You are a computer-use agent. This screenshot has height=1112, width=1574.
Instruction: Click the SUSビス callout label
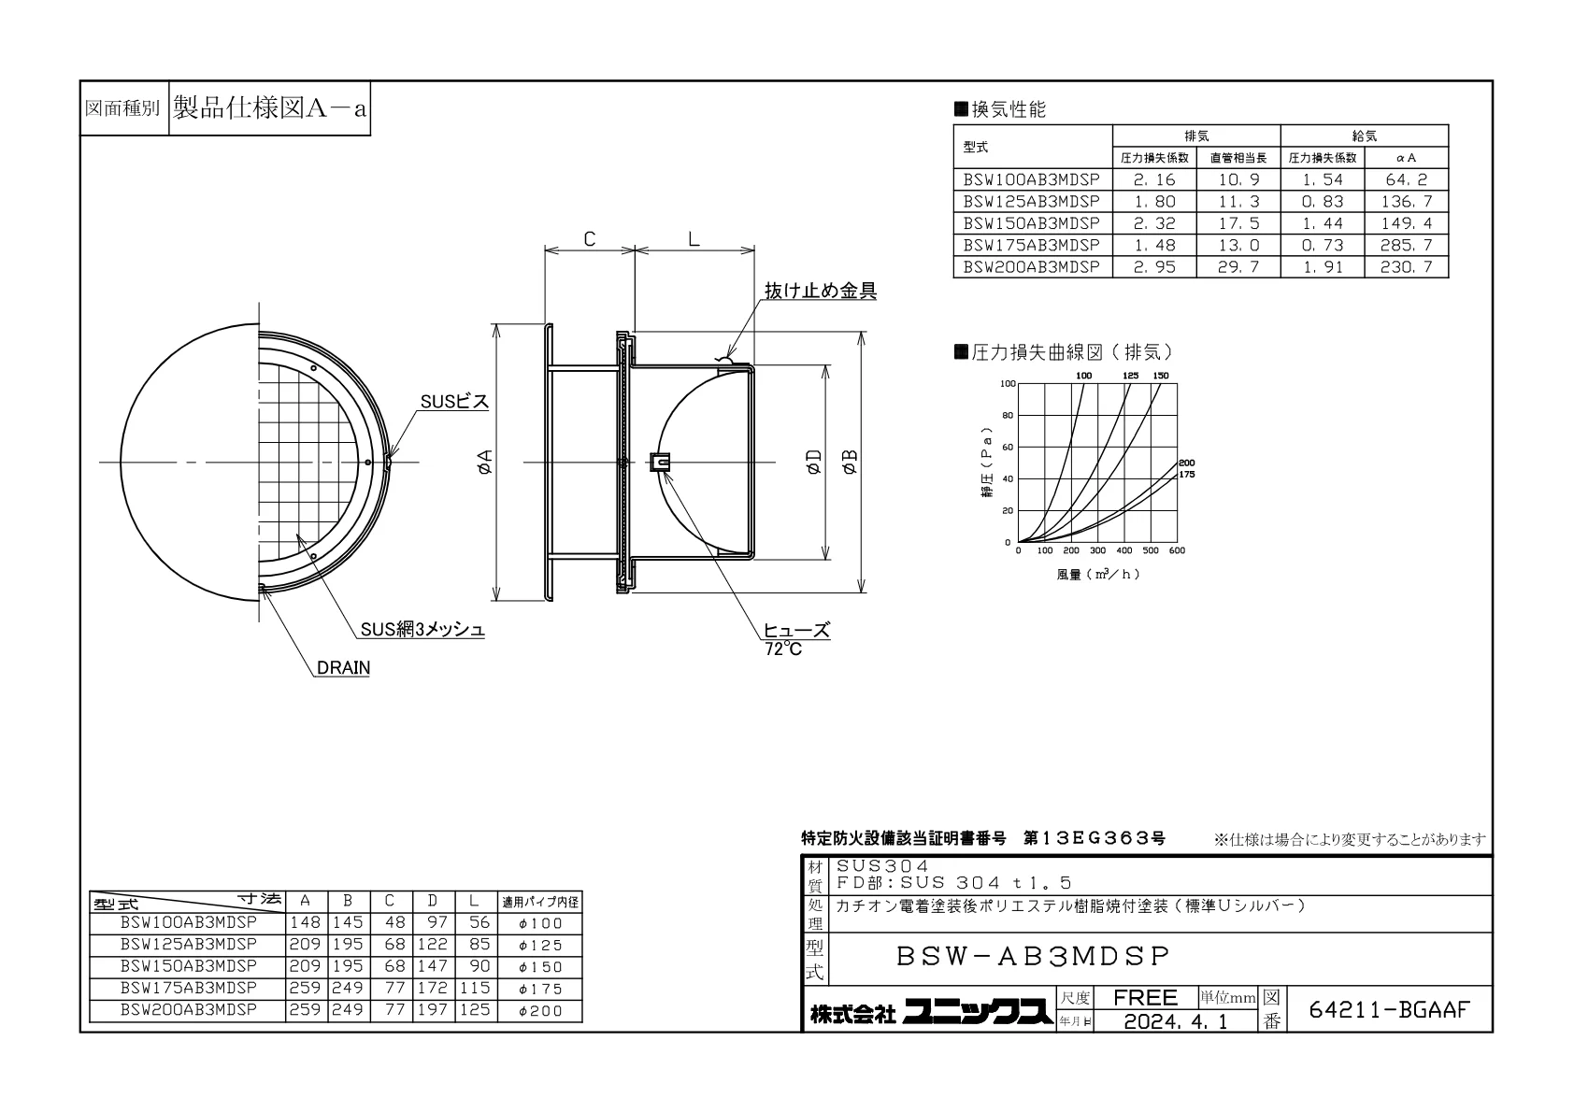pos(454,401)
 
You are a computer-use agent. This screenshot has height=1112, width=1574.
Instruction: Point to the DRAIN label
pos(344,667)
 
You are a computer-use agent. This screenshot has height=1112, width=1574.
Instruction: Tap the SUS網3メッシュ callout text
pos(422,630)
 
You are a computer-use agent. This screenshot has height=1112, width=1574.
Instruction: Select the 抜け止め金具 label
pos(821,291)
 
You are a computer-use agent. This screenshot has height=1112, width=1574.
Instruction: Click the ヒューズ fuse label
pos(796,630)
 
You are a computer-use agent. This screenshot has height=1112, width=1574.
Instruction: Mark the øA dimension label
pos(485,463)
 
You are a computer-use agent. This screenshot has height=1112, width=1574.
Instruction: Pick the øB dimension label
pos(850,462)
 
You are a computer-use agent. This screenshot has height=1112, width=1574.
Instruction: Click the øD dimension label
pos(814,462)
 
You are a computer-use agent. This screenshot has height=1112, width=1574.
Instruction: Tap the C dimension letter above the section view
pos(590,239)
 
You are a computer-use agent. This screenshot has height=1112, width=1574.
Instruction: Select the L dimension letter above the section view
pos(694,239)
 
